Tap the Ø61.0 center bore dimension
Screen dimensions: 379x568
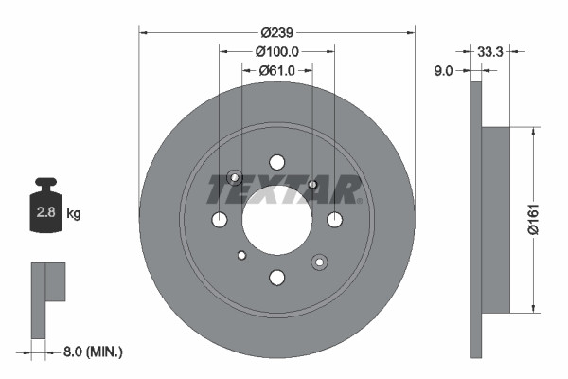point(276,70)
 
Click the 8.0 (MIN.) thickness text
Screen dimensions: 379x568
point(93,352)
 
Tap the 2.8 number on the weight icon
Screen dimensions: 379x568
point(44,213)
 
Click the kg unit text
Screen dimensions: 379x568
point(74,213)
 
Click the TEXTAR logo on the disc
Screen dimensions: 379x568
point(283,190)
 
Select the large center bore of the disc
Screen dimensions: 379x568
point(276,220)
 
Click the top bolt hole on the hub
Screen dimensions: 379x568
point(276,162)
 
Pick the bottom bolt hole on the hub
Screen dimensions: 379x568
point(276,278)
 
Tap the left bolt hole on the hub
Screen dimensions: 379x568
point(219,220)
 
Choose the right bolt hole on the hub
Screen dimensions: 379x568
point(334,220)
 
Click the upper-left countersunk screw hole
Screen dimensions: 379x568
point(235,178)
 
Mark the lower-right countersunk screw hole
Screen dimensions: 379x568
point(319,261)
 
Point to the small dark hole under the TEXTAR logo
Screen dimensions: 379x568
point(312,184)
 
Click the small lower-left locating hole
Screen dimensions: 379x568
point(241,255)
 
